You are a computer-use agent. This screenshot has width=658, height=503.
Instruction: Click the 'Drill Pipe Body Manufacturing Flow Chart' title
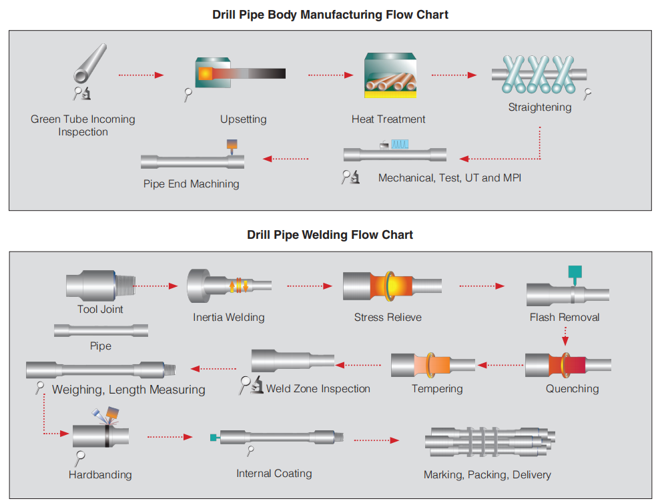click(330, 15)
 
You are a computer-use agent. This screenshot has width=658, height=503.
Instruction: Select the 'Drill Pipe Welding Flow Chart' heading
click(330, 235)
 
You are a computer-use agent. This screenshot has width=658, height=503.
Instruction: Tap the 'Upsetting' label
click(243, 119)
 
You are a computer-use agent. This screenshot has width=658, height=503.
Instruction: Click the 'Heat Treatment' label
click(388, 119)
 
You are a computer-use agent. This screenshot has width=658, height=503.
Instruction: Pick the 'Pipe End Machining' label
click(191, 183)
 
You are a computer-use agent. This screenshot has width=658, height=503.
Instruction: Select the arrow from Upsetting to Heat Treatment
click(330, 75)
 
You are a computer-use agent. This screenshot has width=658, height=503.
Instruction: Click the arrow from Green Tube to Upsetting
click(141, 75)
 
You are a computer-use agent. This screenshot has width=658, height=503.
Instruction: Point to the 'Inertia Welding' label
click(229, 318)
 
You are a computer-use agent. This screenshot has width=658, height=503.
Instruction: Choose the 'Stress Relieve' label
click(388, 318)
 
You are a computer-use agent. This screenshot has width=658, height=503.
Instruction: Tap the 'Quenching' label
click(572, 389)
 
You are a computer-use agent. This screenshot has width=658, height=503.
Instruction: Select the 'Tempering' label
click(437, 389)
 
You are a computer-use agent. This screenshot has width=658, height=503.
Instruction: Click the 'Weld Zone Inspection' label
click(318, 389)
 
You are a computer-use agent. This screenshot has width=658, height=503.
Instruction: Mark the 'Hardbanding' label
click(100, 475)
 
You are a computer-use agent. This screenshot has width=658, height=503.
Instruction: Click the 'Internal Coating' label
click(274, 474)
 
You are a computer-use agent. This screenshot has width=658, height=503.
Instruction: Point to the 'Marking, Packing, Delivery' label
click(487, 475)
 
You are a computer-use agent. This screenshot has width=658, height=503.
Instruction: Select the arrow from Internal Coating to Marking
click(376, 440)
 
